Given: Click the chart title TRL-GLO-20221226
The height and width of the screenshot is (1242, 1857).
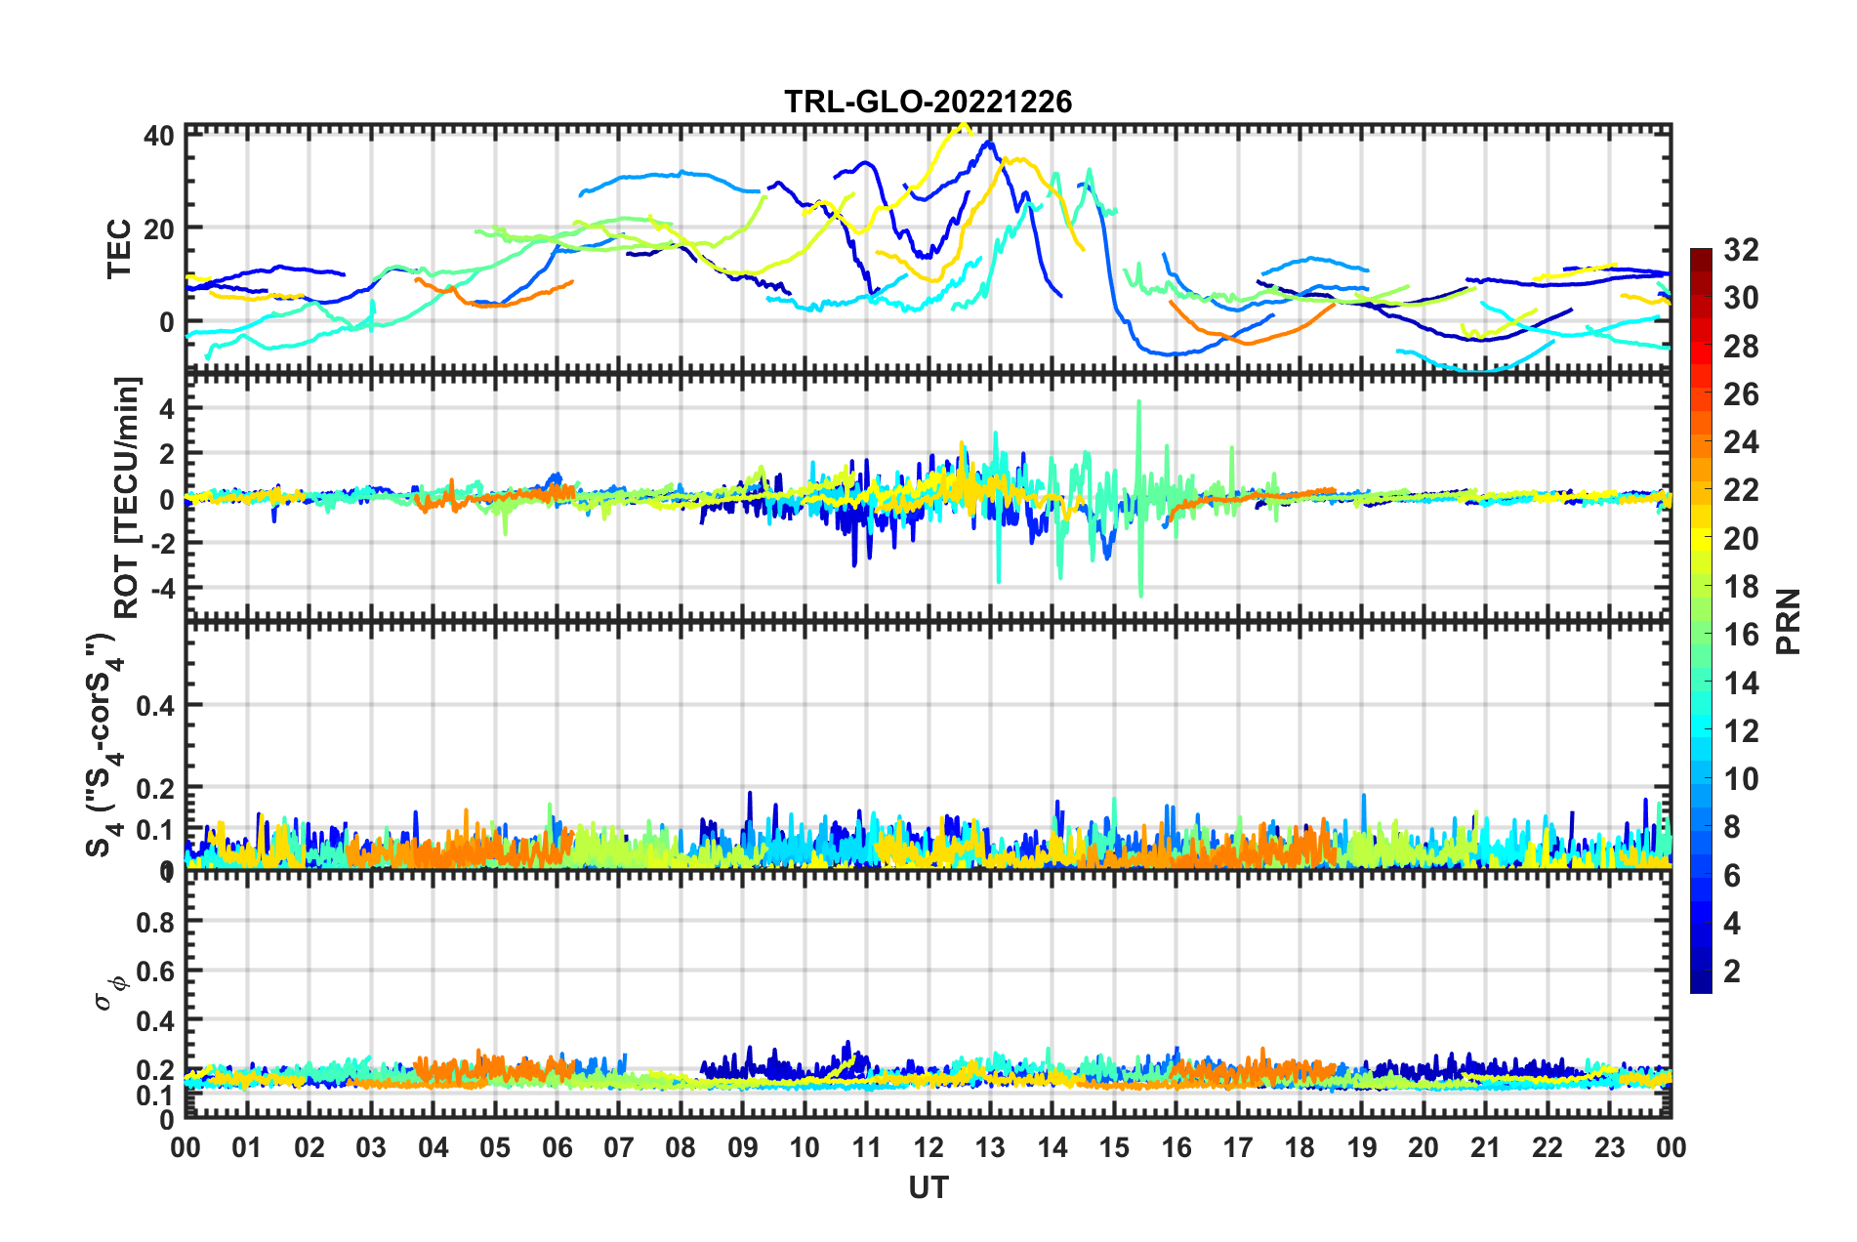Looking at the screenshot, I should (x=928, y=102).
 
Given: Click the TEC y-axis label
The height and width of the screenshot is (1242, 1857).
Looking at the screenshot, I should (x=119, y=249).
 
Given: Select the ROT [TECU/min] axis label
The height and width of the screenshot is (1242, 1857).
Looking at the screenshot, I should (x=127, y=498).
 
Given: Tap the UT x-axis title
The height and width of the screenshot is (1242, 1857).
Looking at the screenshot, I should (x=928, y=1187).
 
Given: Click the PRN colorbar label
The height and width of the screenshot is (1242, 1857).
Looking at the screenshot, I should (x=1789, y=621).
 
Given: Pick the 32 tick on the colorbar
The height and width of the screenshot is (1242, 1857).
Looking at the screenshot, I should (x=1741, y=250).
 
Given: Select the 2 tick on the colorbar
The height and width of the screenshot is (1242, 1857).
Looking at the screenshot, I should (x=1732, y=971).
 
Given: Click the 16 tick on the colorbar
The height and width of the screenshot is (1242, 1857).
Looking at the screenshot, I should (x=1741, y=635).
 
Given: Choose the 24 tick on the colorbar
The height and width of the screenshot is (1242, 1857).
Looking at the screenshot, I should (x=1741, y=442).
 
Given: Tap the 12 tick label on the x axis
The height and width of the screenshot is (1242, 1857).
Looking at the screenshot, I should (x=928, y=1147).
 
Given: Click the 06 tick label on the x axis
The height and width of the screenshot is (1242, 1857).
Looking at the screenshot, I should (x=557, y=1147).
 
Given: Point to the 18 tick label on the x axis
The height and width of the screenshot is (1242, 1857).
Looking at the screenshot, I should (x=1300, y=1147).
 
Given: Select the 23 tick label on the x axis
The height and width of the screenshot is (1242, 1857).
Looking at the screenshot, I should (x=1609, y=1147).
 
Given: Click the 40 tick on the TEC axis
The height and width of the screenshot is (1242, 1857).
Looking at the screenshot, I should (x=159, y=136).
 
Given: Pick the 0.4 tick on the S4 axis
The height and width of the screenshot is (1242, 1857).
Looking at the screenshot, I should (x=155, y=705).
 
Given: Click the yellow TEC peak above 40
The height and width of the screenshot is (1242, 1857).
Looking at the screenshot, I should (x=964, y=125).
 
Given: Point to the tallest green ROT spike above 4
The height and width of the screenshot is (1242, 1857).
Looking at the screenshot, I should (x=1138, y=402).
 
